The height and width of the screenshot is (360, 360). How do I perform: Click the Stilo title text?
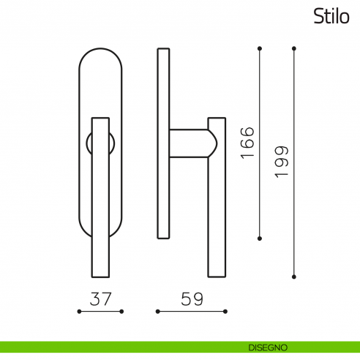click(331, 16)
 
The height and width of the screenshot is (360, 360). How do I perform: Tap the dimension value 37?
click(100, 299)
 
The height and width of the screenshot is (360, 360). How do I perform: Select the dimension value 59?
click(192, 299)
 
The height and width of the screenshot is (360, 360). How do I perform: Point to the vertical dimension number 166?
click(247, 143)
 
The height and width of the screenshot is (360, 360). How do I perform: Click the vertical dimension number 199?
click(282, 162)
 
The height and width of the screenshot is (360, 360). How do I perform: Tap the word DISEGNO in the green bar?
click(268, 348)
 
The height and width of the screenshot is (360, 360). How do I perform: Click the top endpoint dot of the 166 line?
click(260, 48)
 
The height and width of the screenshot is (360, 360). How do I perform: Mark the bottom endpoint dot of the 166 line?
click(260, 239)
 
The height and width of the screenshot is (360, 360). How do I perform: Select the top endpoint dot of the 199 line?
click(294, 48)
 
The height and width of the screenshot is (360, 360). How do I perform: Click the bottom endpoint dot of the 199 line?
click(294, 277)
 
